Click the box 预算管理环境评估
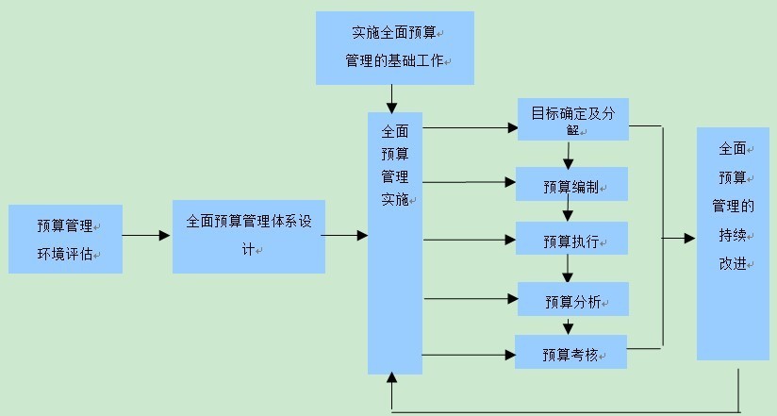click(65, 240)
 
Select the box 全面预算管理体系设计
click(248, 236)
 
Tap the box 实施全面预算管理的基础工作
click(394, 47)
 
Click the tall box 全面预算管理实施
click(394, 241)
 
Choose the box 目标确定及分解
click(572, 119)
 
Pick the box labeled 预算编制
click(571, 184)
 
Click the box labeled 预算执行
click(571, 240)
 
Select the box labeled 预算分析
click(571, 300)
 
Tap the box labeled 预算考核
click(570, 353)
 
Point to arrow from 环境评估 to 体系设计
click(147, 236)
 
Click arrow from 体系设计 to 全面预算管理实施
click(346, 236)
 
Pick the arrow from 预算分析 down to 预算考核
click(568, 324)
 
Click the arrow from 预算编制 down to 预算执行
click(568, 211)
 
